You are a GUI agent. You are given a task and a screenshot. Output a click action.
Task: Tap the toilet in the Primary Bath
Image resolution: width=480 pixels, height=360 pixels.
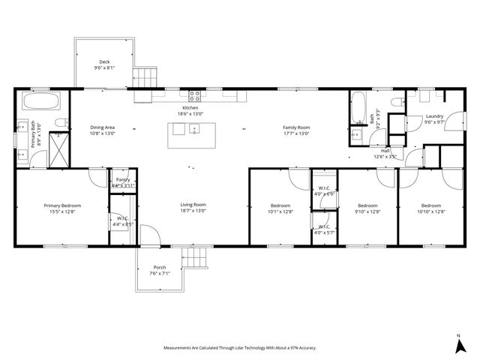point(58,122)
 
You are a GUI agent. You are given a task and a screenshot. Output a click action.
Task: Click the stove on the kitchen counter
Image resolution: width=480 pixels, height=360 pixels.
point(194,95)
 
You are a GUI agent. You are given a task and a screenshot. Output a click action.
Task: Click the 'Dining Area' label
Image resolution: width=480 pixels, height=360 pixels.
point(102,127)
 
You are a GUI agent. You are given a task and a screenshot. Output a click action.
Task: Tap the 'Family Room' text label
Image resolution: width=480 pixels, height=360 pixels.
point(295,127)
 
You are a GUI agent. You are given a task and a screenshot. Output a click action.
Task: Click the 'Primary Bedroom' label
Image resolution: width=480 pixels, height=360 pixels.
point(62,205)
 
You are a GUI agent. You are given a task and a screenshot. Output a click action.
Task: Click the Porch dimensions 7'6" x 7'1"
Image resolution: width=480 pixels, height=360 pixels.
point(159,274)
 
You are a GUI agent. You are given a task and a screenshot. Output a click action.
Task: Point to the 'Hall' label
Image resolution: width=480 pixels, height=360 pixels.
point(384,151)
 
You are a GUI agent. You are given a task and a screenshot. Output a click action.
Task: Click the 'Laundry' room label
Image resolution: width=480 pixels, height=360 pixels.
point(434,116)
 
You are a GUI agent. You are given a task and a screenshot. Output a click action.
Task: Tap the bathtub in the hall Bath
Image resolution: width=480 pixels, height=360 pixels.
point(358,109)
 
